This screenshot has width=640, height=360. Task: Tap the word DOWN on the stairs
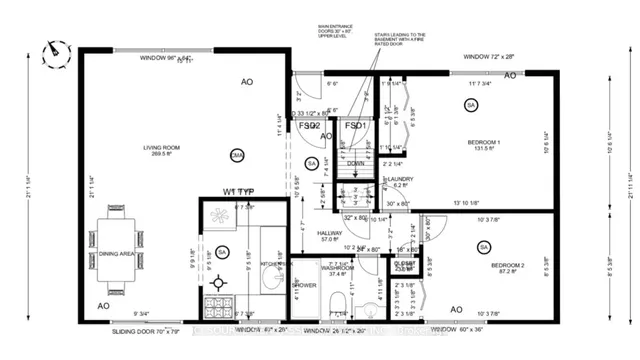coord(354,163)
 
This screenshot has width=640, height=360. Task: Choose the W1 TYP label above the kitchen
coord(243,191)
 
